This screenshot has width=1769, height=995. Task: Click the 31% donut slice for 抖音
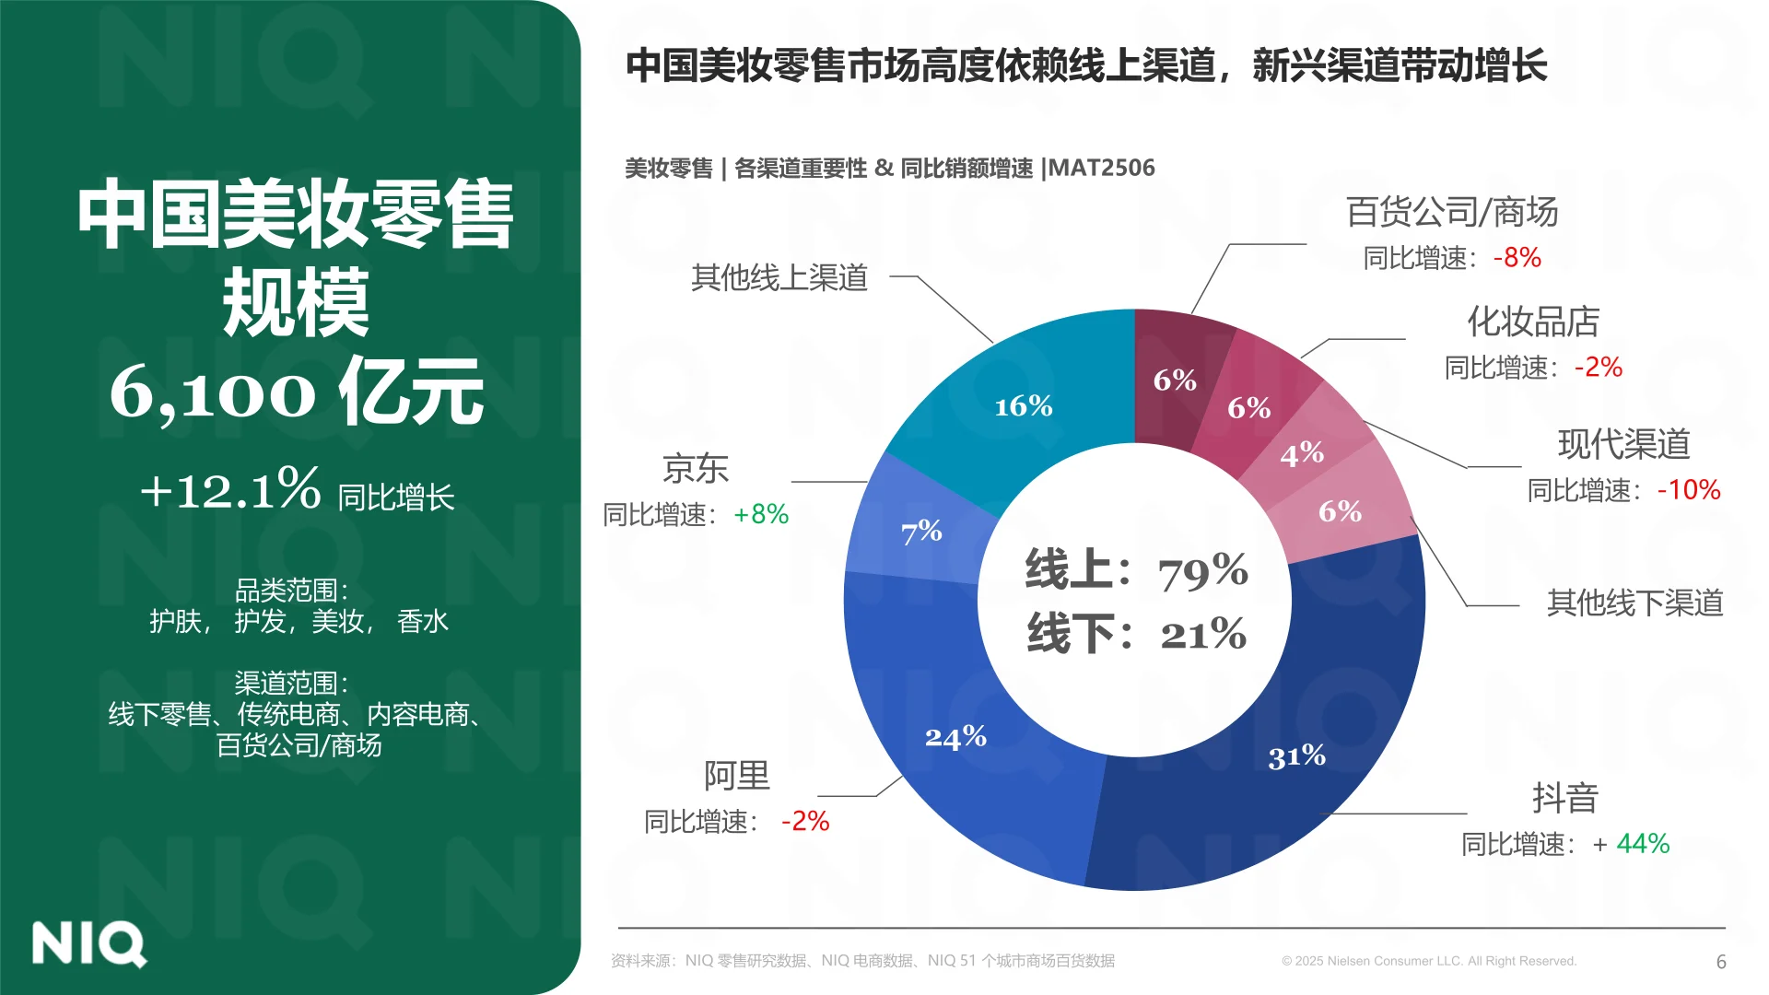tap(1296, 756)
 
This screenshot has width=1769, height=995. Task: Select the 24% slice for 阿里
tap(955, 737)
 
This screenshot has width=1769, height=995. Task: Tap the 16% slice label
tap(1023, 406)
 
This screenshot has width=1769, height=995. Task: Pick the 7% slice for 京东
tap(921, 532)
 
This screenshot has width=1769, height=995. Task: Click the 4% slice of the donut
tap(1302, 453)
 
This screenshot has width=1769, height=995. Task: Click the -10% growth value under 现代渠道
tap(1689, 490)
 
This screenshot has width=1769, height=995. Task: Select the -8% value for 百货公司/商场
tap(1517, 258)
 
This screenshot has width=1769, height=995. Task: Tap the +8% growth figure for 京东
tap(761, 514)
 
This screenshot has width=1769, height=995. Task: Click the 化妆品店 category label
tap(1533, 322)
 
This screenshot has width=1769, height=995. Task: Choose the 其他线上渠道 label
tap(779, 277)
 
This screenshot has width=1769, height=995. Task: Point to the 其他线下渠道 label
tap(1634, 603)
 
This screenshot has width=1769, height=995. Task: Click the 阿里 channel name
tap(736, 776)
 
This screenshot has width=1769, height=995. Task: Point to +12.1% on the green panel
tap(230, 489)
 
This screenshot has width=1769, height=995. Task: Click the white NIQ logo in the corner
tap(88, 943)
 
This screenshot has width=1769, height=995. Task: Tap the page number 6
tap(1720, 962)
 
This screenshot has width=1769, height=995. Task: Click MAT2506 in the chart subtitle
tap(1101, 169)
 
